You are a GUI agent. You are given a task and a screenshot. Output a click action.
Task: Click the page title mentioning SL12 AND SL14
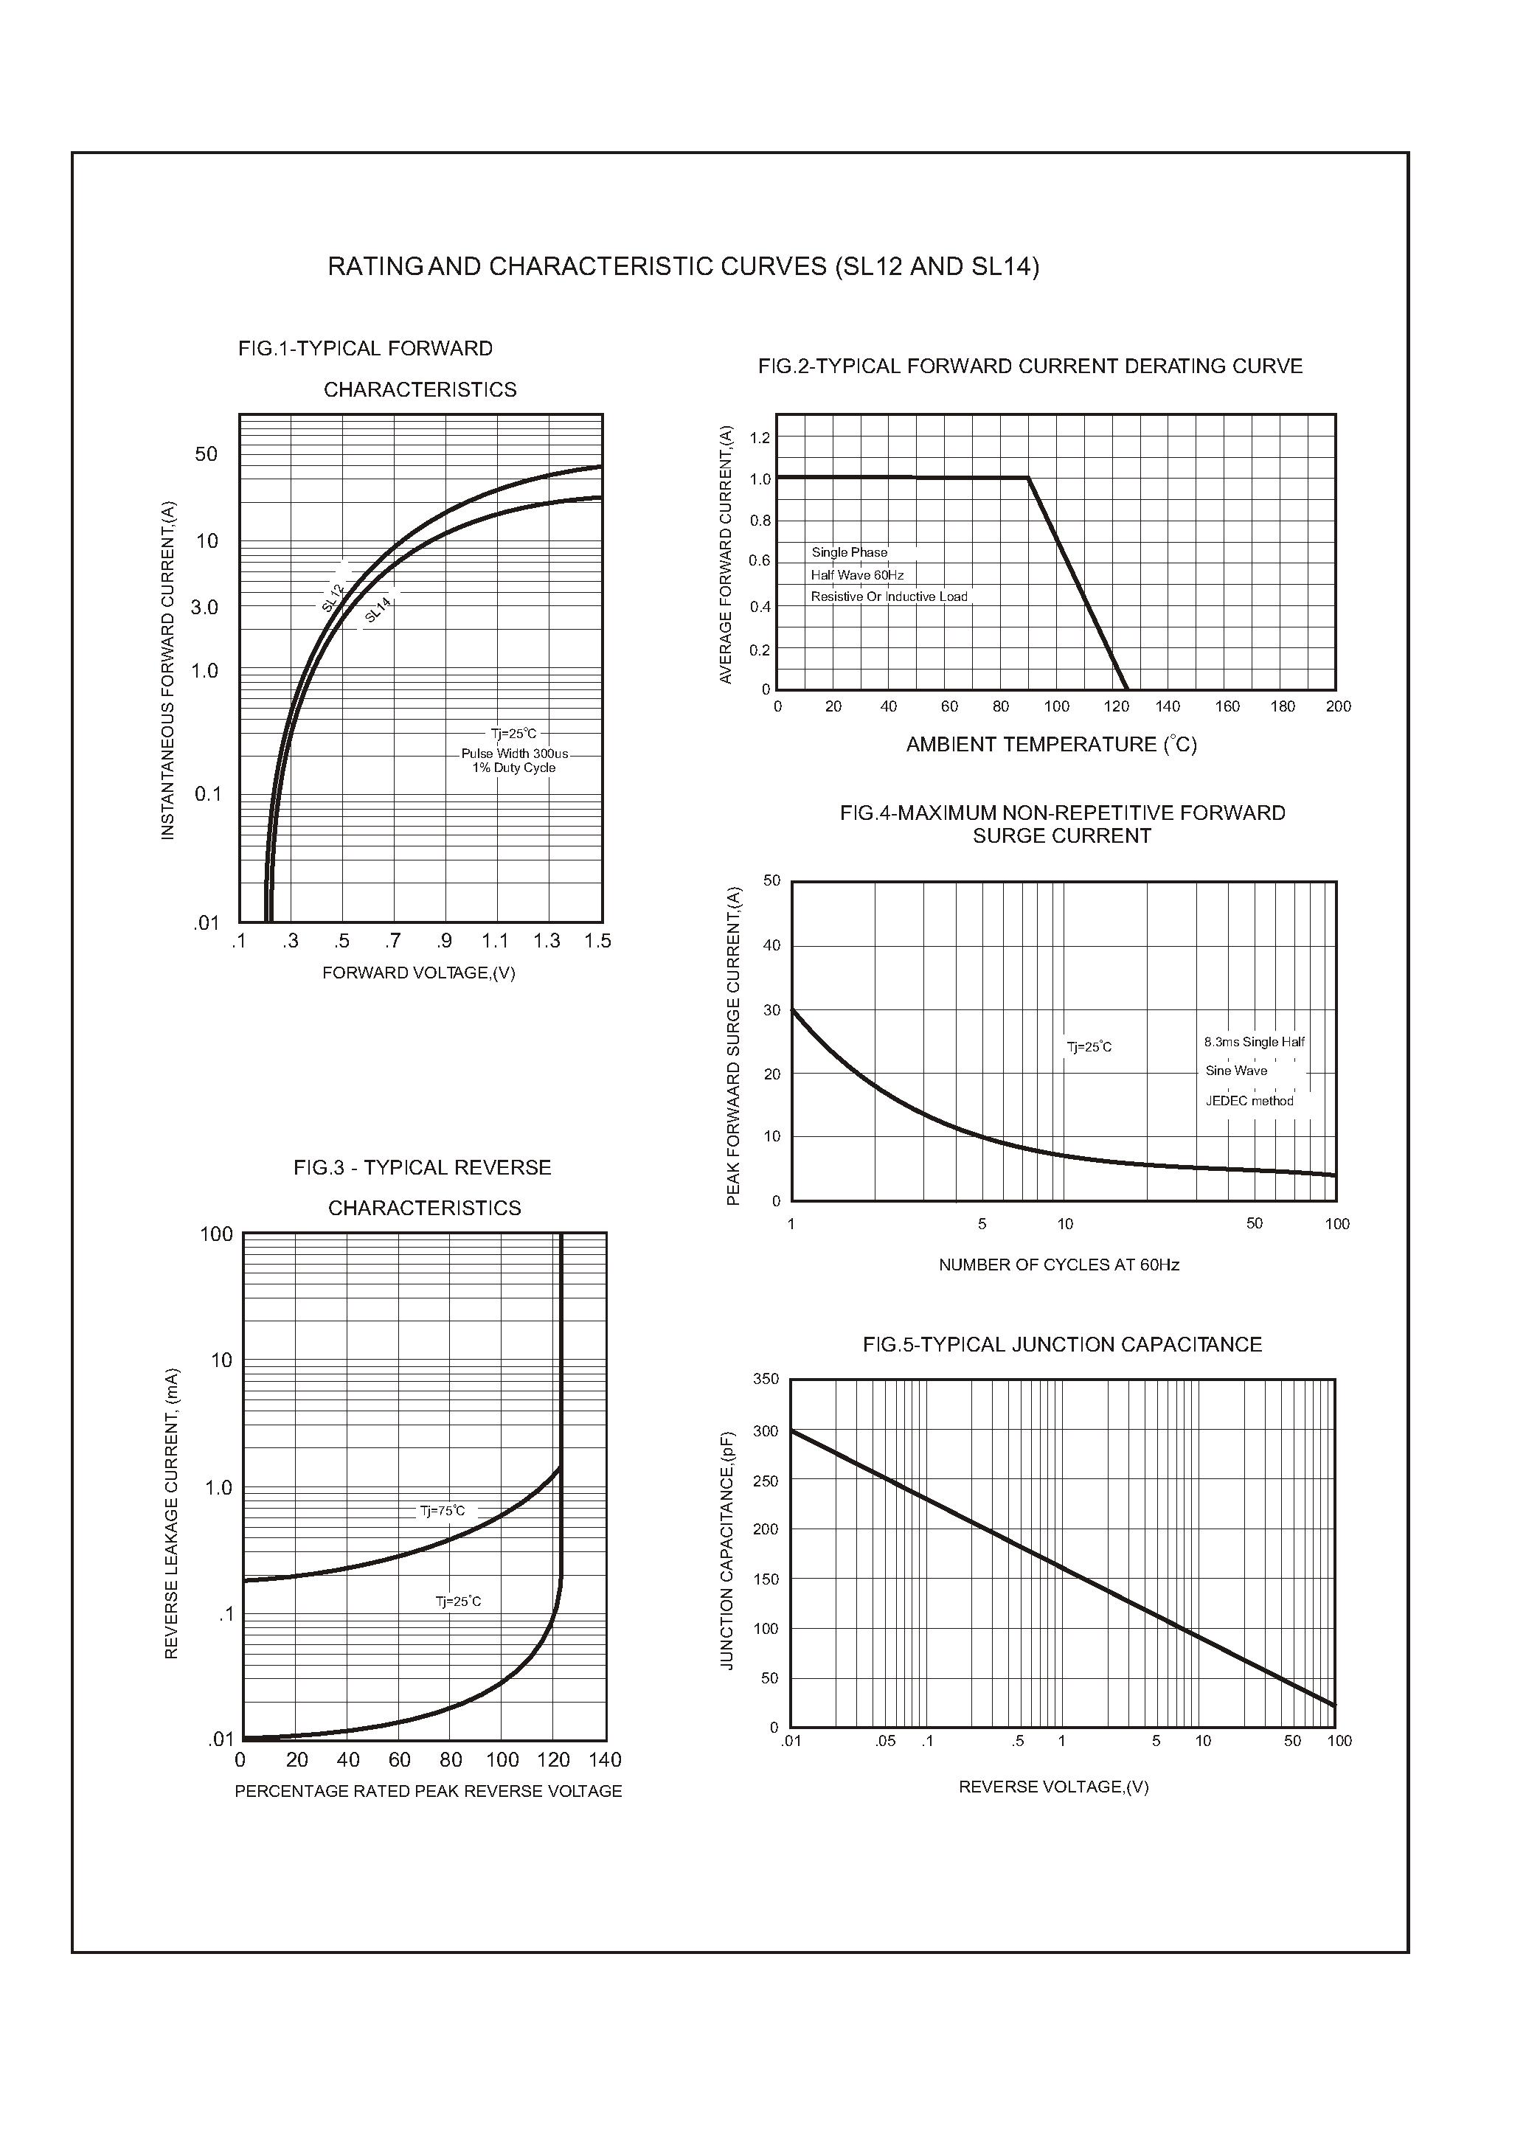coord(683,267)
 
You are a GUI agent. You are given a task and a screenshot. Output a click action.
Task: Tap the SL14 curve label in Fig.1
coord(378,611)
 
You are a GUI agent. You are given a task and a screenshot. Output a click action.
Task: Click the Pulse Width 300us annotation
coord(514,754)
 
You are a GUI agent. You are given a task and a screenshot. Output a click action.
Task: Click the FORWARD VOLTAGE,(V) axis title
coord(418,973)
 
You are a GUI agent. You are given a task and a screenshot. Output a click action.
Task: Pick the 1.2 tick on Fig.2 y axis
coord(759,438)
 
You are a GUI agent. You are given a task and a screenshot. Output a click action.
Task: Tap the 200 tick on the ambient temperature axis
coord(1338,706)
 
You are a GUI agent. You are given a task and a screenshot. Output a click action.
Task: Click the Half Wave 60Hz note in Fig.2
coord(857,575)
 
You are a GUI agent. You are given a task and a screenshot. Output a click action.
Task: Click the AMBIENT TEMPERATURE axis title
coord(1050,745)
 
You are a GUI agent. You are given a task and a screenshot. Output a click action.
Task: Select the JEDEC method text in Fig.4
coord(1249,1101)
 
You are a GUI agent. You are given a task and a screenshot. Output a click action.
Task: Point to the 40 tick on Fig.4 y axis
coord(771,946)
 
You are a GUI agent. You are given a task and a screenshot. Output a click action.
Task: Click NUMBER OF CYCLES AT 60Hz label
coord(1058,1265)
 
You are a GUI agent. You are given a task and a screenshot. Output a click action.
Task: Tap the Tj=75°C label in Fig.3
coord(442,1512)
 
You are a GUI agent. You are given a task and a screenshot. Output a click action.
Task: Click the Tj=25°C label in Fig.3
coord(457,1602)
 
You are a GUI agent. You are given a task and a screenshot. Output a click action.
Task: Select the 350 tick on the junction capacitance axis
coord(766,1379)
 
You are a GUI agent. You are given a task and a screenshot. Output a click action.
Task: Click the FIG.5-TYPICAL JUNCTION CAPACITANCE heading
coord(1062,1344)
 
